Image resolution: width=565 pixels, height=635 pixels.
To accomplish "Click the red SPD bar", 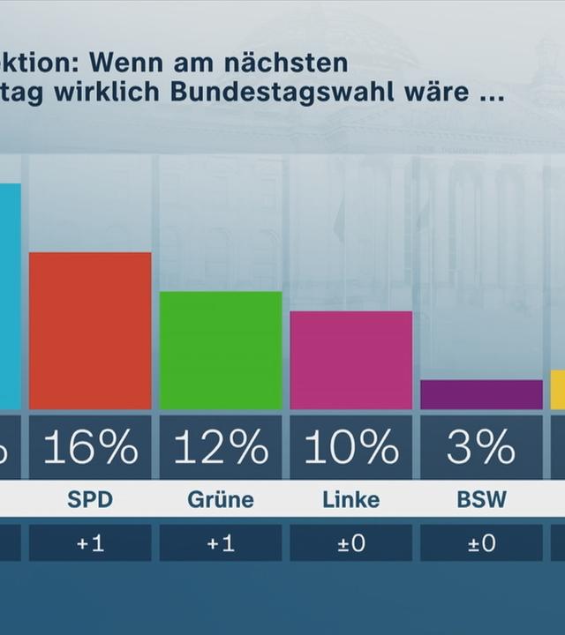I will click(90, 331).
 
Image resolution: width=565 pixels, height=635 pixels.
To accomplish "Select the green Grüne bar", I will click(221, 350).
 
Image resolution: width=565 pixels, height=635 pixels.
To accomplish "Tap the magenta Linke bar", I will click(351, 360).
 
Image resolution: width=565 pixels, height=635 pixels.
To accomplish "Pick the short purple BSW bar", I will click(481, 394).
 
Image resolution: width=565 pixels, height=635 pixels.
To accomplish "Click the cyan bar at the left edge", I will click(9, 295).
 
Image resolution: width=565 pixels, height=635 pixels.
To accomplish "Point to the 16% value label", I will click(90, 448).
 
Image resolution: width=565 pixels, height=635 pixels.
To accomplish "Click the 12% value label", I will click(221, 448).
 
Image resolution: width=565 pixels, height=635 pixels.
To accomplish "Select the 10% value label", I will click(351, 448).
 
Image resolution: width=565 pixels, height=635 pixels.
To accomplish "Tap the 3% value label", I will click(481, 448).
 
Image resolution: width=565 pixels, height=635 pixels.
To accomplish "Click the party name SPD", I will click(90, 500).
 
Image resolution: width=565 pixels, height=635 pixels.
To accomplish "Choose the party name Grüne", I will click(221, 500).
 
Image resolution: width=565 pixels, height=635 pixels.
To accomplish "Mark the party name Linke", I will click(351, 500).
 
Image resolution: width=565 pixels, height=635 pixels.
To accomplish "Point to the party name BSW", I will click(481, 500).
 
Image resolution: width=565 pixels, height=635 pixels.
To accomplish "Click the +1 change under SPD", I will click(90, 543).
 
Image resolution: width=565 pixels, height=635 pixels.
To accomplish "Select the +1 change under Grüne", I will click(221, 543).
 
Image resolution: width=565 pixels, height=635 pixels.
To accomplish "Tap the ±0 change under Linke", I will click(351, 543).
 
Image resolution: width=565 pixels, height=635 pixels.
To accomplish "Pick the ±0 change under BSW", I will click(481, 543).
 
